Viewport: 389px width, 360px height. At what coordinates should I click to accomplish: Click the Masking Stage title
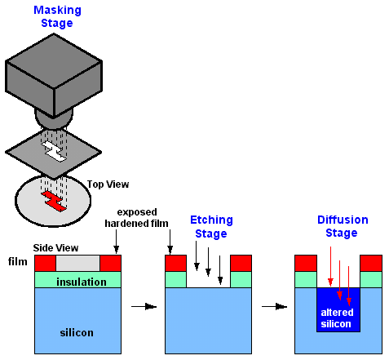click(x=57, y=16)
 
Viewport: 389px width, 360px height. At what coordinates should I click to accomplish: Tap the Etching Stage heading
click(x=211, y=227)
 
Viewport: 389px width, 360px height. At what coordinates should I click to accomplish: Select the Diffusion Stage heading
click(x=343, y=226)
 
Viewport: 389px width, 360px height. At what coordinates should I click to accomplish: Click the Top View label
click(x=108, y=184)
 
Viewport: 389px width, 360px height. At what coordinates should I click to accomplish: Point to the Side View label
click(x=55, y=248)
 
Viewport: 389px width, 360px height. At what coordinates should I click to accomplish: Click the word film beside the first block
click(x=18, y=261)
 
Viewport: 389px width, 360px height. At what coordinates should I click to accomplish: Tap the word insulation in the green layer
click(x=82, y=282)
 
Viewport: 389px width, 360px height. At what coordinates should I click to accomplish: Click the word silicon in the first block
click(x=77, y=332)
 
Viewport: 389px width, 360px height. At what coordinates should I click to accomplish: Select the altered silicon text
click(x=337, y=318)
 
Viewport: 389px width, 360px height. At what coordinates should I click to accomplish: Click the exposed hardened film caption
click(x=136, y=218)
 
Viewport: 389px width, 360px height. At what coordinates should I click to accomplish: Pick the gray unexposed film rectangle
click(x=77, y=263)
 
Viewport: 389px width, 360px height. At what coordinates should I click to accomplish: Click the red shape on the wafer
click(x=54, y=201)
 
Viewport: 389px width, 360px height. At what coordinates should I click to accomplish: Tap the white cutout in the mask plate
click(x=54, y=151)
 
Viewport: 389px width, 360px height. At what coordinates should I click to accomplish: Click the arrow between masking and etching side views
click(x=144, y=307)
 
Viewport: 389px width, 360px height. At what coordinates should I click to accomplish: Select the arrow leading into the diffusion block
click(x=274, y=307)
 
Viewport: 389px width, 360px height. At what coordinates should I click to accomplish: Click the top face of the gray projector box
click(x=54, y=60)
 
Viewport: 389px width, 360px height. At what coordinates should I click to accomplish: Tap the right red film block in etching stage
click(x=241, y=263)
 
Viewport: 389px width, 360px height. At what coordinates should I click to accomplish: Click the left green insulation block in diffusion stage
click(x=306, y=279)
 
